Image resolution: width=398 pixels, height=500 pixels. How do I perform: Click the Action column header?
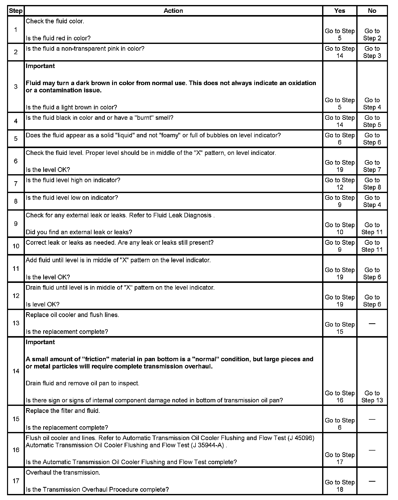point(173,11)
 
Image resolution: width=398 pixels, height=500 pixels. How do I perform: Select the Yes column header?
point(339,11)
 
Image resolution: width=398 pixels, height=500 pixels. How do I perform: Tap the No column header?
point(372,11)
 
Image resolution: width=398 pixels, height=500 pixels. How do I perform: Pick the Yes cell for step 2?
point(339,52)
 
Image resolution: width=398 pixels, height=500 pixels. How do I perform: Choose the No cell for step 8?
point(372,201)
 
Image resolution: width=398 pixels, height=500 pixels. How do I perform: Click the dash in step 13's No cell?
point(372,324)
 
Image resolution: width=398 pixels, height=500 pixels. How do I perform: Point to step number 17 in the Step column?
point(16,481)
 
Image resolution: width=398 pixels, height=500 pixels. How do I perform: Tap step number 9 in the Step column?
point(16,224)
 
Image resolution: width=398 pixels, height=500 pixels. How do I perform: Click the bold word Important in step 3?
point(40,66)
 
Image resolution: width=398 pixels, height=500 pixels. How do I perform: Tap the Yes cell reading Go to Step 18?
point(339,486)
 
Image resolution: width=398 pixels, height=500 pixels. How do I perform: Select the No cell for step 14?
point(372,397)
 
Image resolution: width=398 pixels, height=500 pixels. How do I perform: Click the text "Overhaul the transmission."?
point(63,472)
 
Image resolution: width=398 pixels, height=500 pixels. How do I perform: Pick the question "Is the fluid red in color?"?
point(58,38)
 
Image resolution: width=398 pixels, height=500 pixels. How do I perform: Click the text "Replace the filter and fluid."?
point(63,411)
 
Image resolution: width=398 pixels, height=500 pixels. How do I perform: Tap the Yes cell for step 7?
point(339,184)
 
